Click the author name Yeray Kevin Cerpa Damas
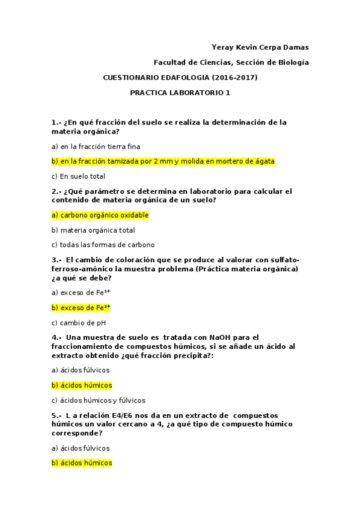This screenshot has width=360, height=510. (261, 48)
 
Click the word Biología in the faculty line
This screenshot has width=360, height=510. (293, 63)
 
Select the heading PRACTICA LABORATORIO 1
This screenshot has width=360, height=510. (180, 93)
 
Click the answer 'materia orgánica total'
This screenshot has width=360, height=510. (93, 230)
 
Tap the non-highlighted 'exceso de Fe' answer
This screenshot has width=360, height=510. (81, 292)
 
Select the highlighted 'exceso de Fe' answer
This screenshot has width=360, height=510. (81, 307)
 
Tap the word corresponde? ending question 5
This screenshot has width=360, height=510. (76, 432)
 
